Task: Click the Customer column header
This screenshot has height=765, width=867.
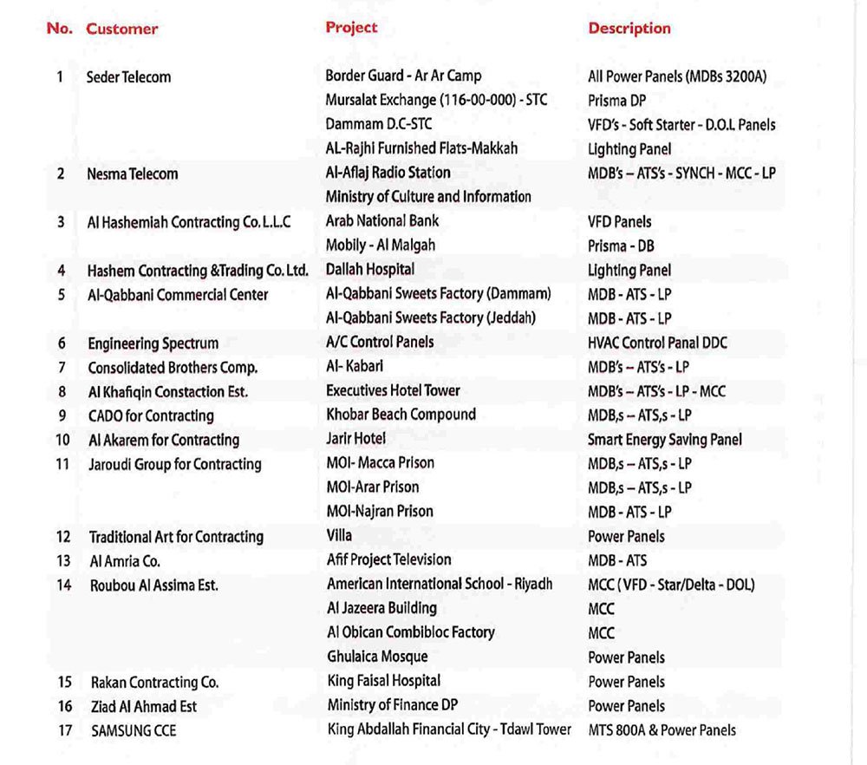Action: click(x=121, y=29)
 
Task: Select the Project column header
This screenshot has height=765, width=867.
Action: click(x=351, y=28)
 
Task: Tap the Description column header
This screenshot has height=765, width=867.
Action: click(x=629, y=29)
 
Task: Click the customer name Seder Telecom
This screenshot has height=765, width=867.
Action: click(x=128, y=77)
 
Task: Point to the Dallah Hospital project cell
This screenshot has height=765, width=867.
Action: click(x=370, y=270)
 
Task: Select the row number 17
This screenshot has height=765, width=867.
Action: click(x=65, y=730)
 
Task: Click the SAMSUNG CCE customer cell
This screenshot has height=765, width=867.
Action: click(x=134, y=731)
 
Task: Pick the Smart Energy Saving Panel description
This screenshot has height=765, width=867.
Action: click(x=664, y=440)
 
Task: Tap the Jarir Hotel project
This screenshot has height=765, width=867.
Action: click(x=356, y=439)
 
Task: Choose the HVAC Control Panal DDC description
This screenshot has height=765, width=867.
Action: click(x=657, y=343)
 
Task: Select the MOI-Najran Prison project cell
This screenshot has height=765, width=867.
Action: click(x=380, y=511)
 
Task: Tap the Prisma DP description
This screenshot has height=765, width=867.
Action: click(x=616, y=101)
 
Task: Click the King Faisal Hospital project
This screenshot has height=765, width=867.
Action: click(x=383, y=681)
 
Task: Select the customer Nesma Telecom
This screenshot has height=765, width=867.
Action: click(x=132, y=173)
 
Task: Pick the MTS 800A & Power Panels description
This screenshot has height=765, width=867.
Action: click(x=662, y=730)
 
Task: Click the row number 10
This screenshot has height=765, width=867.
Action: click(x=62, y=440)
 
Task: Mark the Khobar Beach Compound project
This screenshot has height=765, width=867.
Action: click(x=401, y=415)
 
